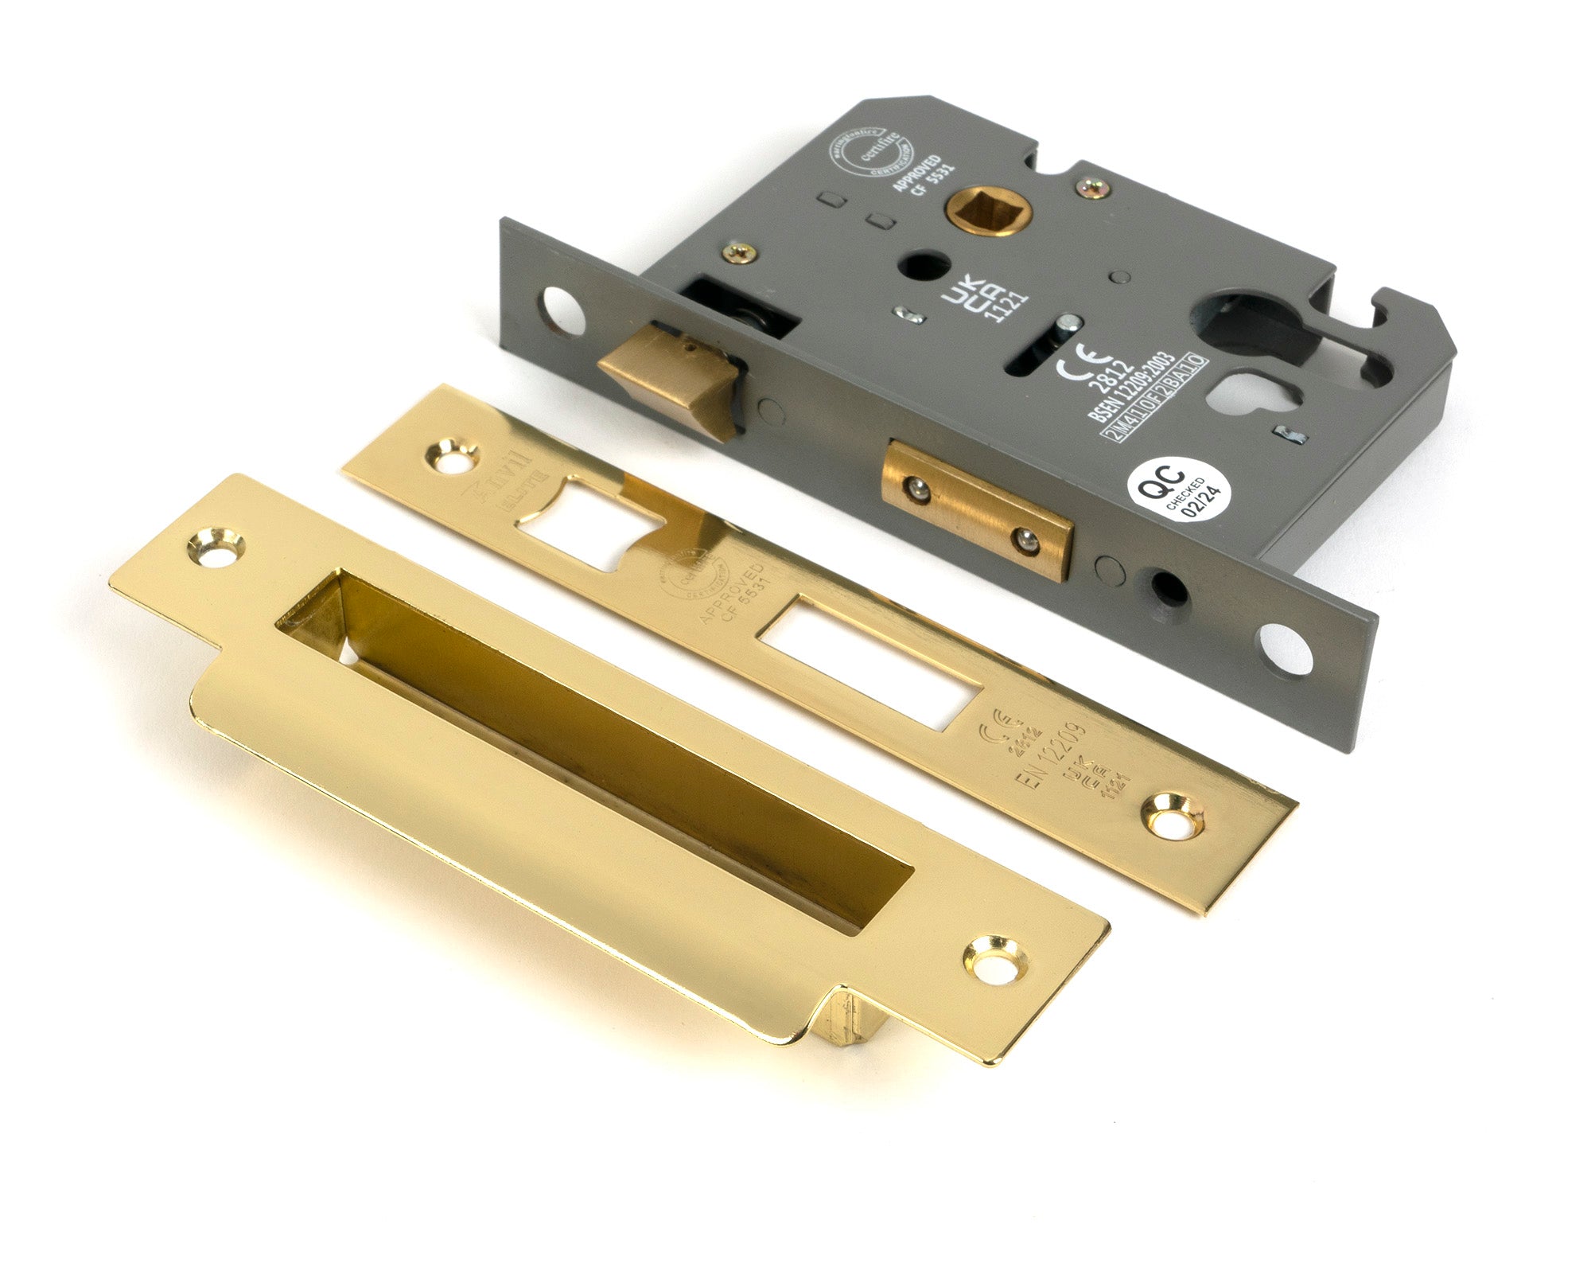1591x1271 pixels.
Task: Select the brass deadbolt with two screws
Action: pyautogui.click(x=977, y=507)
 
